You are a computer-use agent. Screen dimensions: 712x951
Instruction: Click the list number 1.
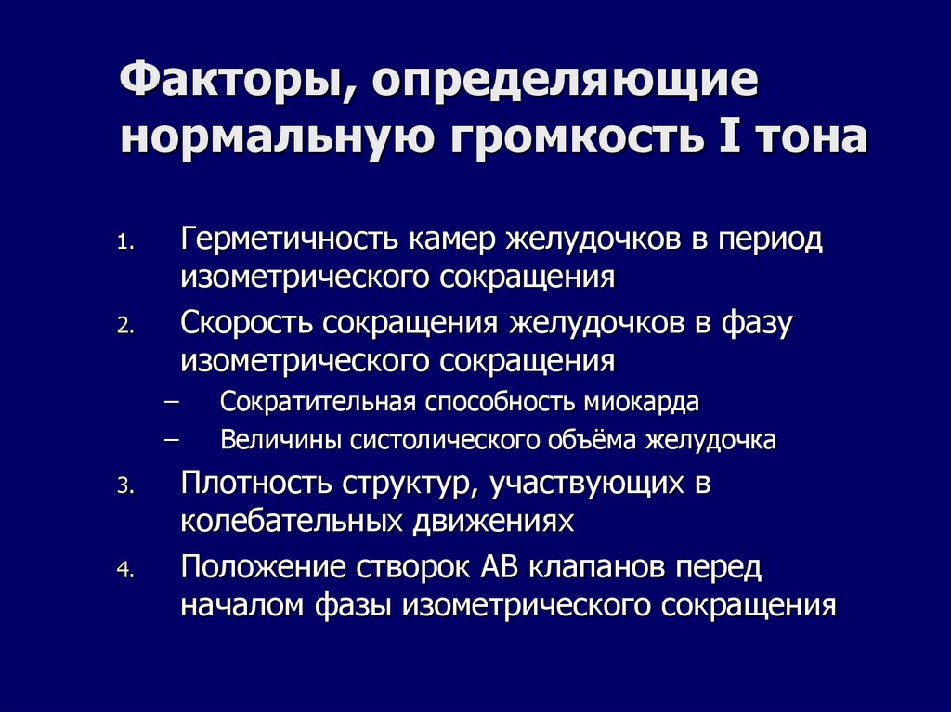(125, 244)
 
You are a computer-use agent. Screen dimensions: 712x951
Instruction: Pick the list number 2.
(125, 326)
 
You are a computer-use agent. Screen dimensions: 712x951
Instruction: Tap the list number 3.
(125, 487)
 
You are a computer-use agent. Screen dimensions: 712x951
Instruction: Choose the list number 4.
(125, 570)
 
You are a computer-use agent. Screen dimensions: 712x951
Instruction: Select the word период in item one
(770, 240)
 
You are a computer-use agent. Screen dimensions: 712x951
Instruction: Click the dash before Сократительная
(172, 403)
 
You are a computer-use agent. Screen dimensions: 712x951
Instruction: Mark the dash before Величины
(172, 440)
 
